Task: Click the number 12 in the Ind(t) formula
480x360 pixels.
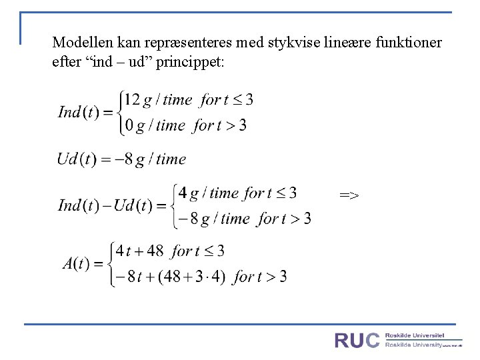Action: click(x=132, y=100)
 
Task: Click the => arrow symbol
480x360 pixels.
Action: click(x=349, y=195)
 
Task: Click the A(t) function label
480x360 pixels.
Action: click(x=76, y=263)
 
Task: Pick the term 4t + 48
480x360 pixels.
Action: click(x=139, y=251)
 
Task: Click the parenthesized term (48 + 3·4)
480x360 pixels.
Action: click(x=193, y=276)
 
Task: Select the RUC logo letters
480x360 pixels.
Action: click(x=357, y=341)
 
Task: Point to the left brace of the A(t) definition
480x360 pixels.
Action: click(x=109, y=263)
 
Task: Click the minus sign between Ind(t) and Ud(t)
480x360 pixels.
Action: click(x=107, y=205)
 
